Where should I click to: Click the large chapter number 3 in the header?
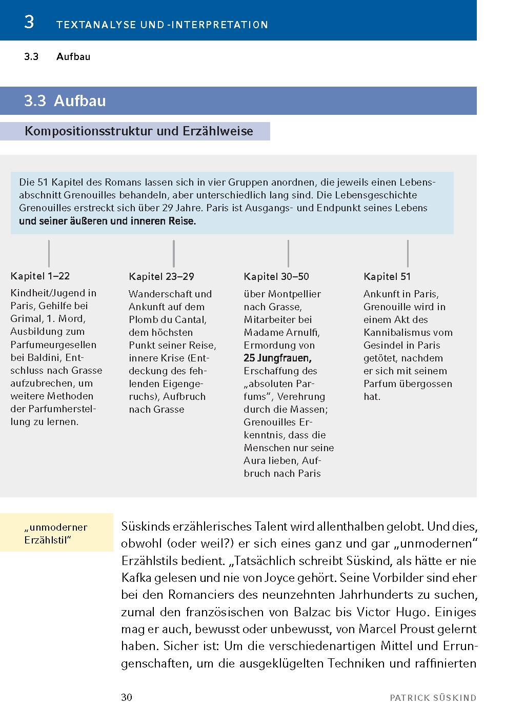(29, 23)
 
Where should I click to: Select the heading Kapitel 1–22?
(40, 276)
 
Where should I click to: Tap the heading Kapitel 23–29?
(161, 277)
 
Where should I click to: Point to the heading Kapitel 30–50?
(276, 277)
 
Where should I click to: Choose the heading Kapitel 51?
(387, 277)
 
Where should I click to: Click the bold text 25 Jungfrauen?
(277, 358)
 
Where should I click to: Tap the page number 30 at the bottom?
(127, 697)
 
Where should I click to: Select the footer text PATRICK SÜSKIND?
(433, 698)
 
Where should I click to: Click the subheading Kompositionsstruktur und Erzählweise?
(139, 131)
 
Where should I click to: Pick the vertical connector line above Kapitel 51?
(408, 253)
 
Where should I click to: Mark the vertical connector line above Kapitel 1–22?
(49, 253)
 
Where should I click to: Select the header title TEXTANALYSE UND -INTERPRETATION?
(162, 25)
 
